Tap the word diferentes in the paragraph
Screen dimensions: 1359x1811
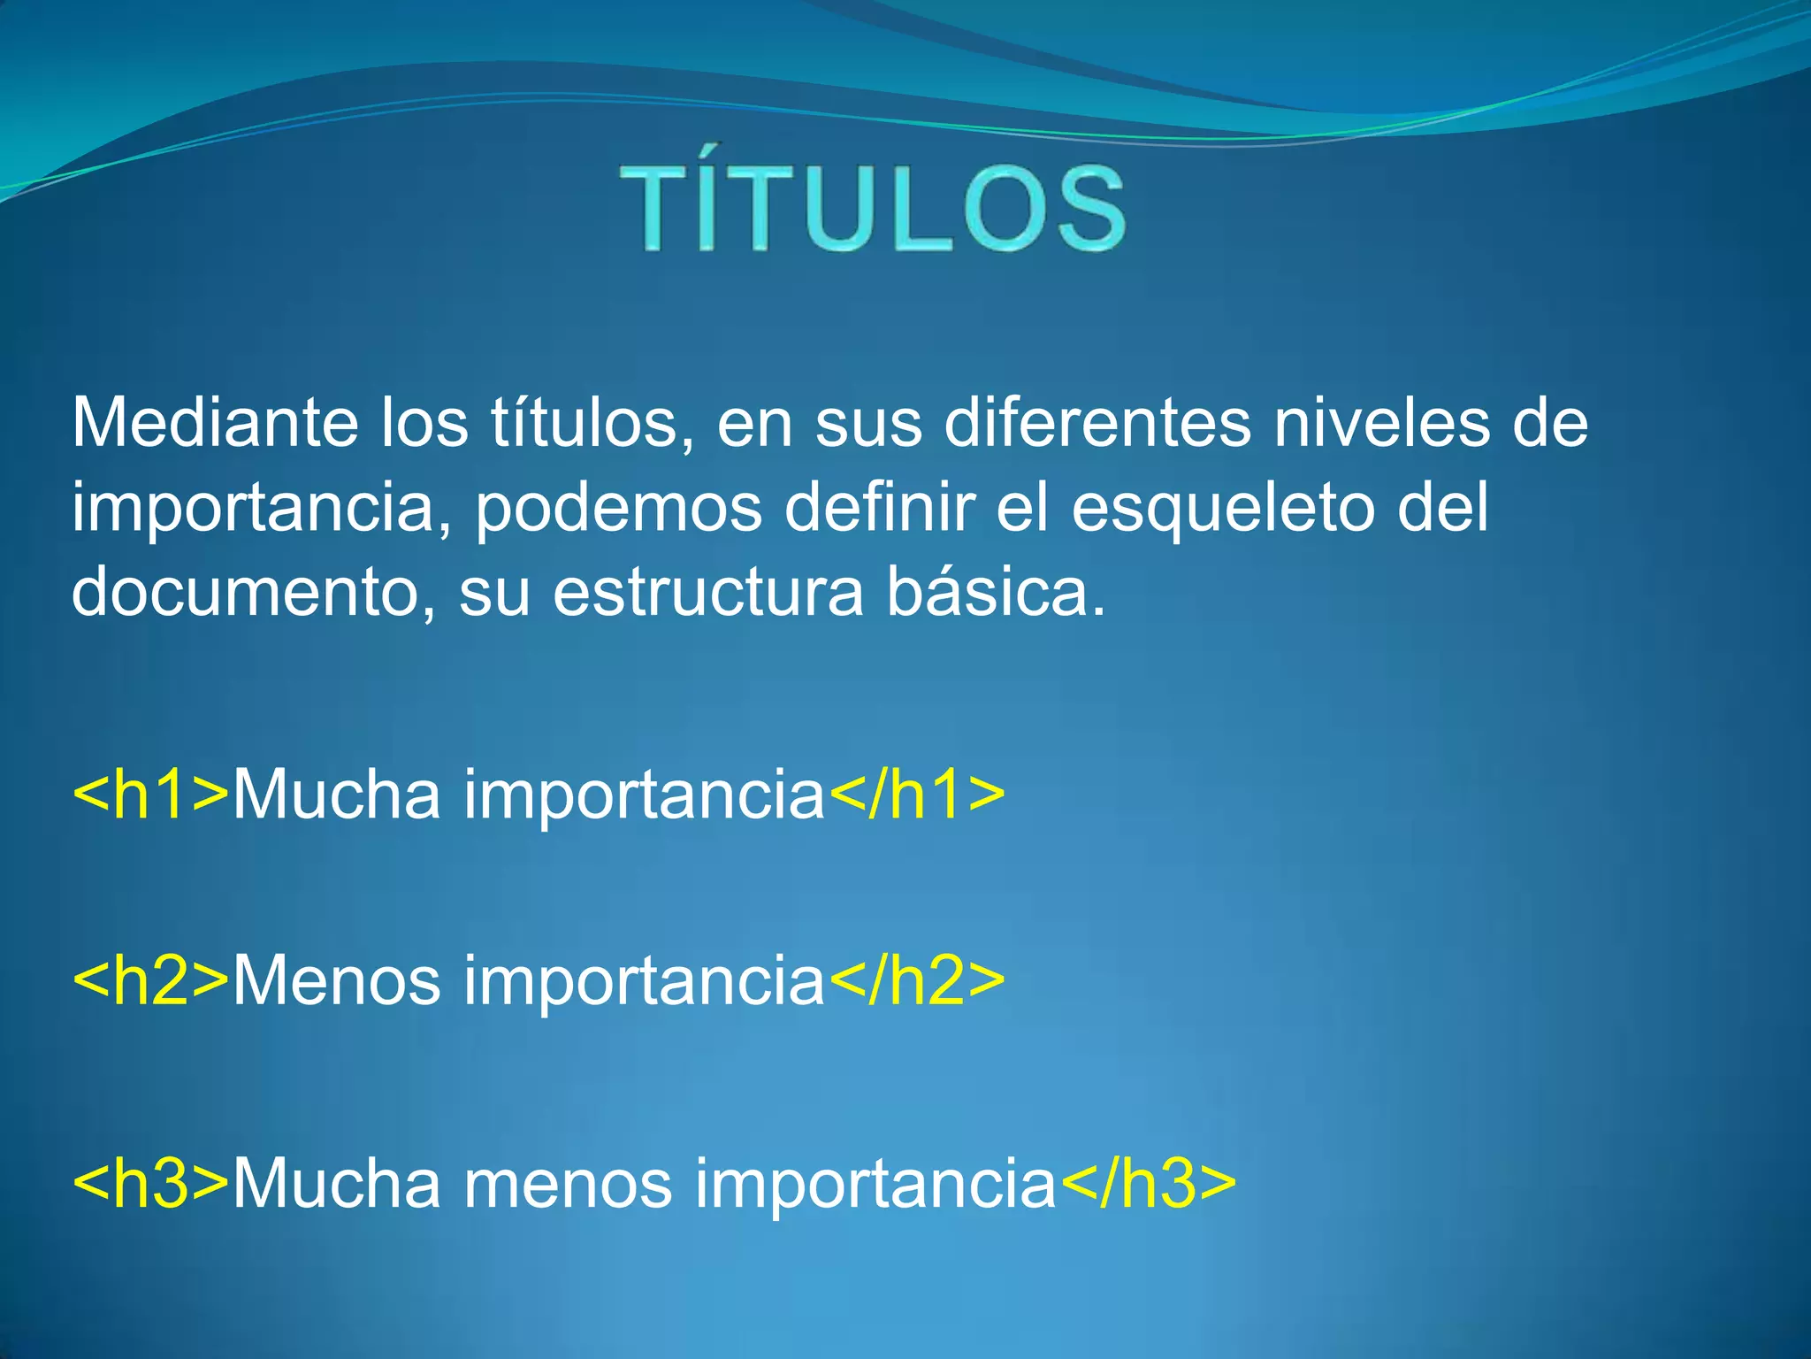tap(1097, 423)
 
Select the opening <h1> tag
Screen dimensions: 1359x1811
tap(150, 794)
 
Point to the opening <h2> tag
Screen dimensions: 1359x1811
tap(150, 980)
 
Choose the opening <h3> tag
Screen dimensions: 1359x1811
tap(150, 1183)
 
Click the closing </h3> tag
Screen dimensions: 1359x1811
tap(1148, 1183)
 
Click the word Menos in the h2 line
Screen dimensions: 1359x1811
tap(337, 980)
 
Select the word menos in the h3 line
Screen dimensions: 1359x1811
tap(568, 1183)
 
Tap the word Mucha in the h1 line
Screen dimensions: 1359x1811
tap(337, 794)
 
